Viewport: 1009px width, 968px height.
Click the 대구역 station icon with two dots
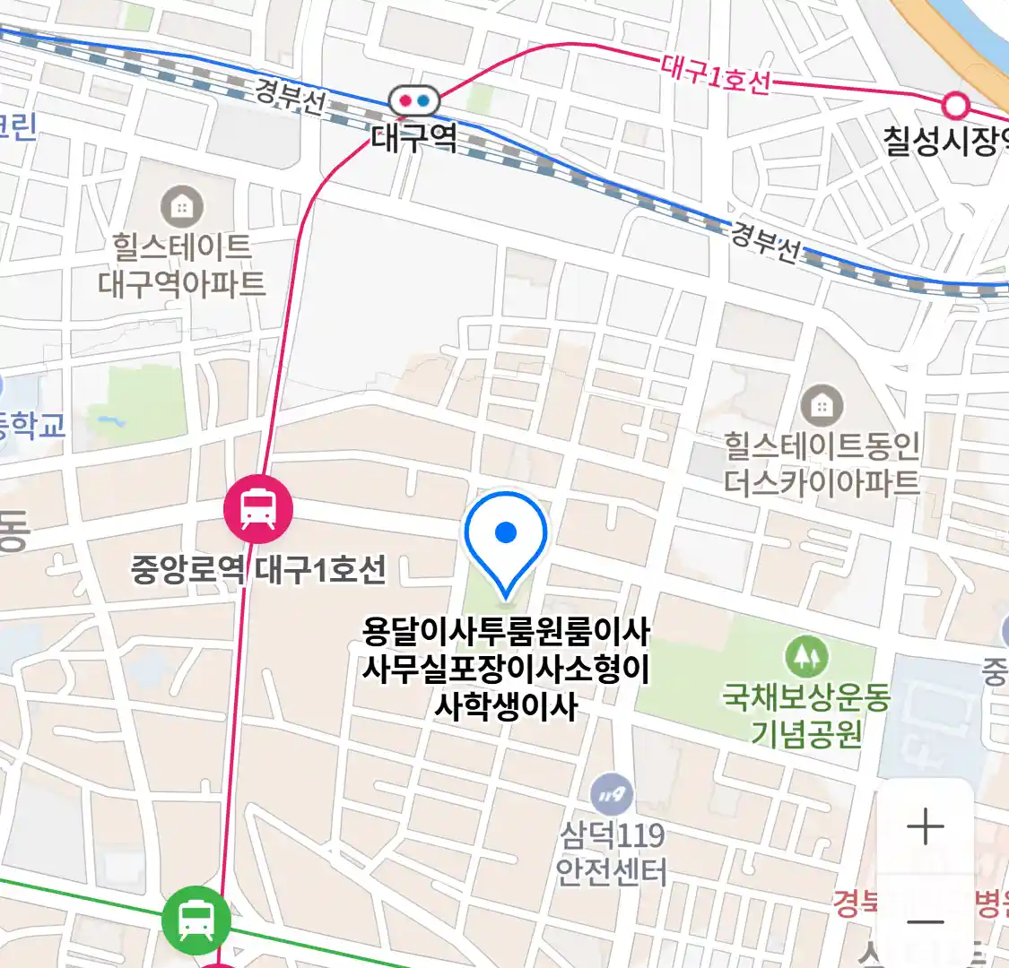[414, 100]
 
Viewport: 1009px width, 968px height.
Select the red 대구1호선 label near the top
[715, 74]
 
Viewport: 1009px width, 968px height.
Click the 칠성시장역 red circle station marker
[956, 106]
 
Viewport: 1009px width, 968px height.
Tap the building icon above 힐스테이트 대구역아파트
[181, 207]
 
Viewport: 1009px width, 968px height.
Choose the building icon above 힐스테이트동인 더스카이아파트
[822, 406]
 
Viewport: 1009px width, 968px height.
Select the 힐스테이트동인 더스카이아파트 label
[822, 464]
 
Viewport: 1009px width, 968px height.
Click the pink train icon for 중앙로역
[258, 509]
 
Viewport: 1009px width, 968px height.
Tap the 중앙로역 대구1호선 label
[258, 568]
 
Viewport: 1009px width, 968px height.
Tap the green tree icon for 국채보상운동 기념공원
[805, 657]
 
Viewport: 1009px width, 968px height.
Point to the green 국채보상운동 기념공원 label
[805, 715]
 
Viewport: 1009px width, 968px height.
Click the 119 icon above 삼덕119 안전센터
[613, 793]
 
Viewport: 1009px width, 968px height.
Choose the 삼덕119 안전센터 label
[613, 853]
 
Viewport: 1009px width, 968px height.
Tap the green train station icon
[196, 919]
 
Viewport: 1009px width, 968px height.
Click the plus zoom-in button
[926, 826]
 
